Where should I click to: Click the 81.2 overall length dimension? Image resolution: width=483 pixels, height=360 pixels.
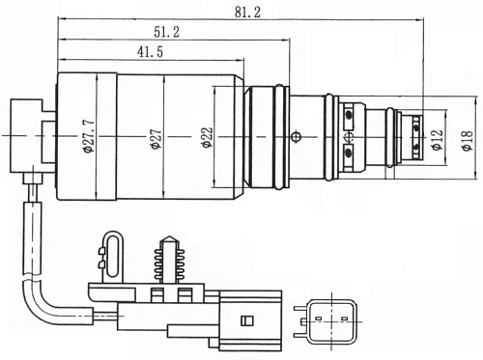247,13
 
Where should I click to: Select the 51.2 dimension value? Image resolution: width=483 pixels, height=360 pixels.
166,32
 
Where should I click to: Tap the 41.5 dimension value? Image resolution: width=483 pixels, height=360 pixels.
150,52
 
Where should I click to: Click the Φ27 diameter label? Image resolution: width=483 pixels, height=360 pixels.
156,139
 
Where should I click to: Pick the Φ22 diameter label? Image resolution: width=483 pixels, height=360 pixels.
208,137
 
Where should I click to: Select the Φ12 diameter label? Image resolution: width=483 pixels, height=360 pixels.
437,140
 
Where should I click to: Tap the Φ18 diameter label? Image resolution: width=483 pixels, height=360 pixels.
468,140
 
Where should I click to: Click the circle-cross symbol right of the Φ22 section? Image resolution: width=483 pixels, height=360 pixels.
296,137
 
